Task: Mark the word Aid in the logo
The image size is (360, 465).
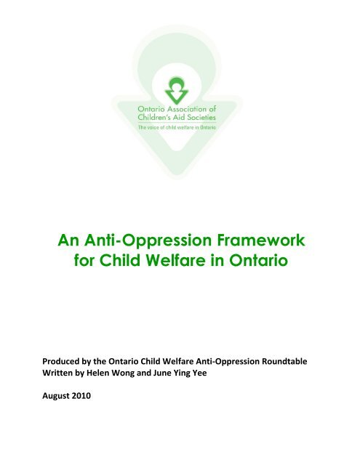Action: tap(186, 117)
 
